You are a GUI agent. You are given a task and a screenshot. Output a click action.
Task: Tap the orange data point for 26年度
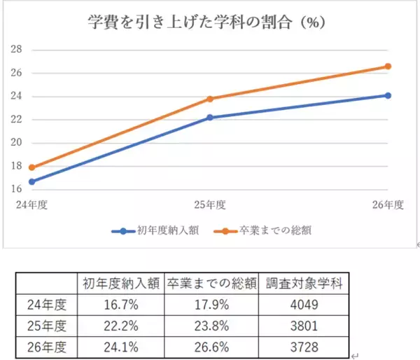388,67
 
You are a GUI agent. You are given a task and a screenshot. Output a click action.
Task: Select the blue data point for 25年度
209,118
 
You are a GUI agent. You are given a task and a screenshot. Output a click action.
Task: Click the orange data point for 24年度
31,167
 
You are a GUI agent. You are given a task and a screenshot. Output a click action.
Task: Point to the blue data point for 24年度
31,181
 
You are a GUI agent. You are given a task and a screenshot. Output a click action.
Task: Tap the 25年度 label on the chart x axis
209,205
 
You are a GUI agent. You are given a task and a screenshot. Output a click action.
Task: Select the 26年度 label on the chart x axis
388,205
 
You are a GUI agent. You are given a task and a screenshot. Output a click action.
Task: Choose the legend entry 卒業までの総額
269,230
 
